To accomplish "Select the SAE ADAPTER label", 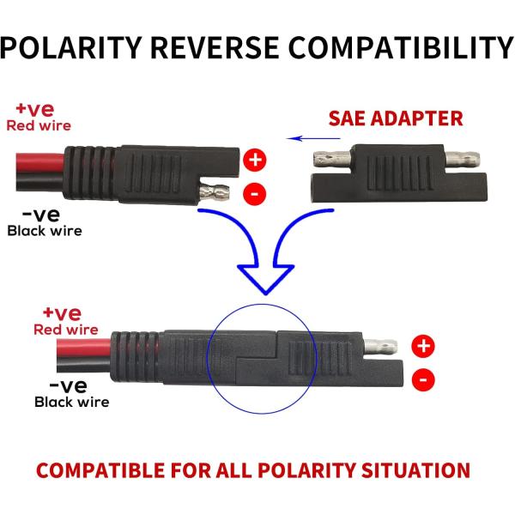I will (x=397, y=118).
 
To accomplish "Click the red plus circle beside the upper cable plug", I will (x=254, y=159).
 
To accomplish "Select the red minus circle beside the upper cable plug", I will (x=254, y=194).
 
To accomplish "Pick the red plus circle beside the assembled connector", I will (x=423, y=346).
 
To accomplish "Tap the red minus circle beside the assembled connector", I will (x=423, y=379).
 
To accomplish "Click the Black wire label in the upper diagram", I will (x=45, y=230).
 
